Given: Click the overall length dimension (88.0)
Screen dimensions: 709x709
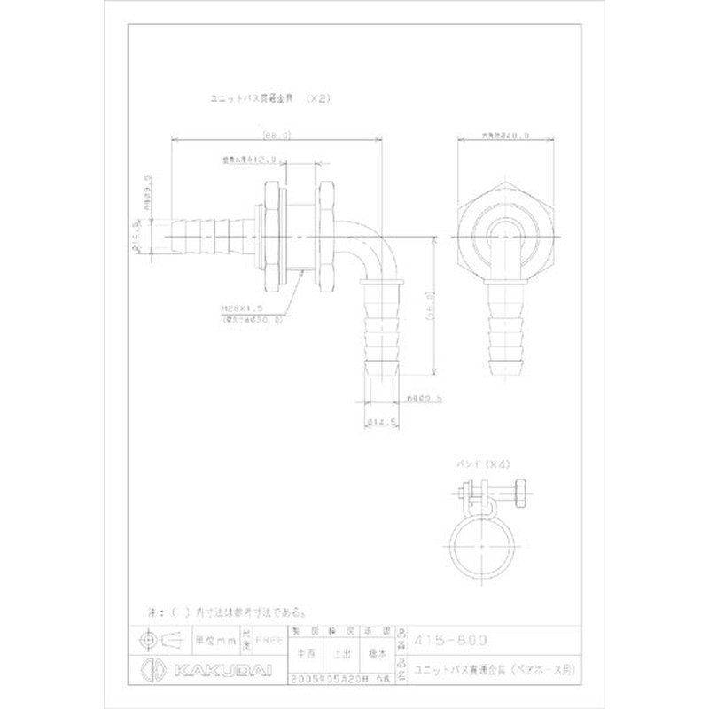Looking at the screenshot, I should pos(277,135).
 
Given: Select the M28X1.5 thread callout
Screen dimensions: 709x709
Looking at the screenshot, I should pos(240,310).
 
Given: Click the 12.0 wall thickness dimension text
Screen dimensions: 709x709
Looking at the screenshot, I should pos(251,160).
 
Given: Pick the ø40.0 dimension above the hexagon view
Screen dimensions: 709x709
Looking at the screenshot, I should pos(506,136).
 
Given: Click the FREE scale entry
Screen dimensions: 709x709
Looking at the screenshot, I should pos(265,637).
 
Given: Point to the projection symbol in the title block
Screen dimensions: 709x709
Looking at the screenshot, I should pos(159,638).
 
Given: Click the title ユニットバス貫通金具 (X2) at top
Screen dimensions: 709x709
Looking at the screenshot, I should pos(269,100).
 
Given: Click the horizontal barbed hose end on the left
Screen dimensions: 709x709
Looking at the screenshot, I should pos(208,235).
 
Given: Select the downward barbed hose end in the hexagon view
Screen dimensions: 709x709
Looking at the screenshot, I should pos(506,332).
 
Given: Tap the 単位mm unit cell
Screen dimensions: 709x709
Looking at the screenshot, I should pos(212,637).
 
